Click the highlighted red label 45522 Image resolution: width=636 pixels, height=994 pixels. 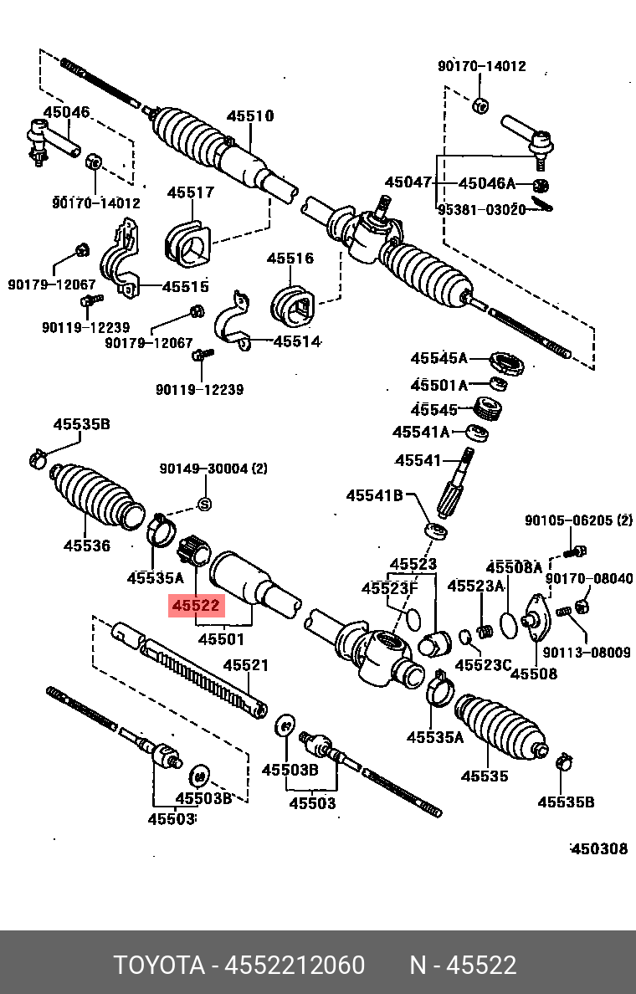(x=197, y=605)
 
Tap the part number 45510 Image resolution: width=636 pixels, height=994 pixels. (x=250, y=116)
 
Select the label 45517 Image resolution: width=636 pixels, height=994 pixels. (x=190, y=192)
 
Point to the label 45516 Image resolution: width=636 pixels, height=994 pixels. (x=290, y=258)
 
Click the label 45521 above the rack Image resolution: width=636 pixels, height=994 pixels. (x=245, y=665)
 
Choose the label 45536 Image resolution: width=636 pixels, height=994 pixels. (x=87, y=546)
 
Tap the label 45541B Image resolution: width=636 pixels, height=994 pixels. (x=375, y=496)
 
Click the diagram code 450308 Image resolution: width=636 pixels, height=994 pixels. (x=598, y=848)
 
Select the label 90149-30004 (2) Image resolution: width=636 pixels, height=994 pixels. (x=213, y=469)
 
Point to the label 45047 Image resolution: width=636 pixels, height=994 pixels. (x=408, y=182)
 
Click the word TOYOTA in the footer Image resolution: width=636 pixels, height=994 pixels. (x=160, y=966)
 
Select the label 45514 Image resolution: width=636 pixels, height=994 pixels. (x=296, y=341)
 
